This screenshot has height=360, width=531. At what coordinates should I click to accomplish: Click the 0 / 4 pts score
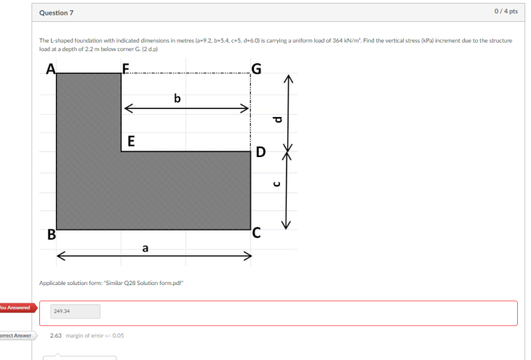point(506,12)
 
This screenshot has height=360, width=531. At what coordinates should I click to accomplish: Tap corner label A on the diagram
point(51,70)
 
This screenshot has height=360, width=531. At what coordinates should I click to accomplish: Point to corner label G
point(255,70)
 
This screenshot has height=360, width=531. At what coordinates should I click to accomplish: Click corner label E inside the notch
point(131,141)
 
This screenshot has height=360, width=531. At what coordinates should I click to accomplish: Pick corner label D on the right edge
point(260,153)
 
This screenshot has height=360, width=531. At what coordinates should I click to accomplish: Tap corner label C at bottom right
point(257,233)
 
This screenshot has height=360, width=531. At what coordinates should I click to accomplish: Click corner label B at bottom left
point(52,234)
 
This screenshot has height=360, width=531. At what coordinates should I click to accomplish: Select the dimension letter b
point(177,97)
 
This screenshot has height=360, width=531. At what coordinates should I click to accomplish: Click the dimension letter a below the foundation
point(145,248)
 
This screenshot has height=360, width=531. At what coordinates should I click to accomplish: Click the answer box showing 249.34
point(74,311)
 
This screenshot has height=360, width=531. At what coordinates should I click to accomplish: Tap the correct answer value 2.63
point(55,335)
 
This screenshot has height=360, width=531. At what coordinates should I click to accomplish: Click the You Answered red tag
point(16,308)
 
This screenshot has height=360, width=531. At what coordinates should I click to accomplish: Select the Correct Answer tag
point(16,335)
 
